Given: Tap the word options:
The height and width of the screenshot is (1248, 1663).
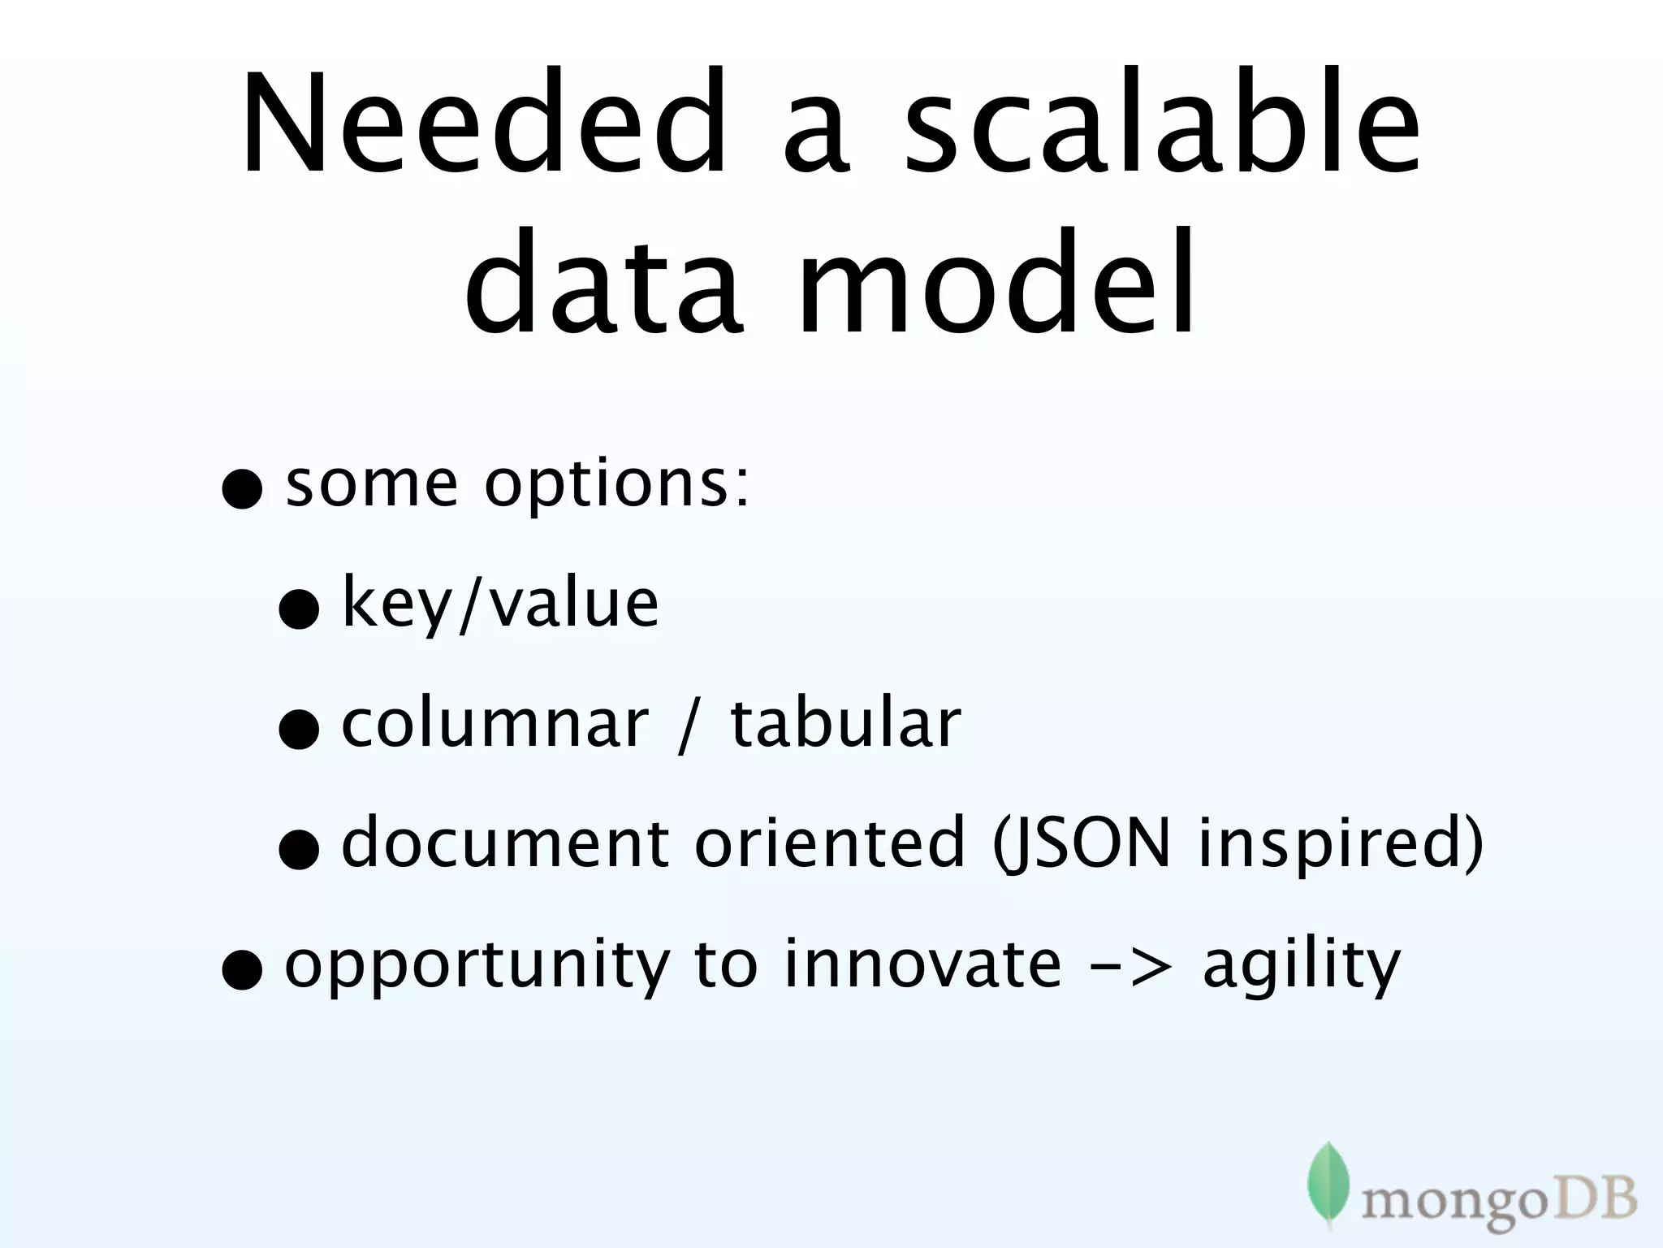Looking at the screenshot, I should [617, 486].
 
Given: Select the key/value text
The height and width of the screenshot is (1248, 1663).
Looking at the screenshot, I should [500, 604].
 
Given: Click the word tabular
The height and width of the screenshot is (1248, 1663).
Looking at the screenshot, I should [845, 722].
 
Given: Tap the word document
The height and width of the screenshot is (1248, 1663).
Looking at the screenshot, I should [504, 843].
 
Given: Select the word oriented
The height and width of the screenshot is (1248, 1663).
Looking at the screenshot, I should [829, 843].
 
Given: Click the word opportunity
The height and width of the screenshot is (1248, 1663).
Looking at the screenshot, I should [477, 966].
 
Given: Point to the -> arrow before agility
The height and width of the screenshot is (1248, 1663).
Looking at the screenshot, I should [1131, 966].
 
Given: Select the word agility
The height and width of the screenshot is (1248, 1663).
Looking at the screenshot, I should [1302, 966].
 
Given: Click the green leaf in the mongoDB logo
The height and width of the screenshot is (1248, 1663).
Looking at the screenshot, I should [1328, 1182].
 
